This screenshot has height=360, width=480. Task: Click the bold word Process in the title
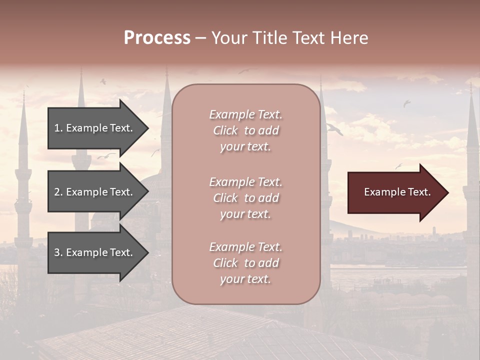coord(157,38)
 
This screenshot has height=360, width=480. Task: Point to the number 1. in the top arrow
coord(58,128)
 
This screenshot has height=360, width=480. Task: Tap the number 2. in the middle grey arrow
coord(58,192)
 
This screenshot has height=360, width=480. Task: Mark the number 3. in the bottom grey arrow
coord(58,252)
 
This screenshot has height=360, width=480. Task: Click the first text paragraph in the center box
coord(245,130)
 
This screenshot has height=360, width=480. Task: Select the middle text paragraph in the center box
coord(245,198)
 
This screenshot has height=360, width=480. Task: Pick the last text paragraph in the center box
coord(245,263)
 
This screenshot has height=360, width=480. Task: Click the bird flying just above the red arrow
coord(398,166)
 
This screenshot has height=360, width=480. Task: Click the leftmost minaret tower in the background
coord(23,175)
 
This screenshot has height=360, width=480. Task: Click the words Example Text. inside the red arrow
coord(397,192)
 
